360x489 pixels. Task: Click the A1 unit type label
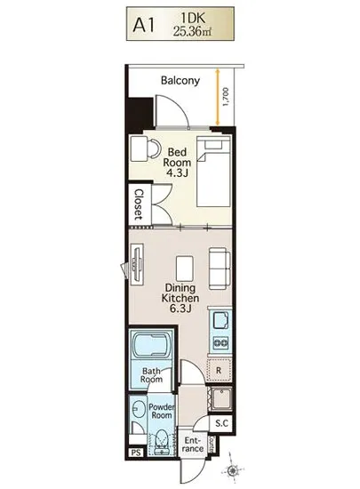point(144,26)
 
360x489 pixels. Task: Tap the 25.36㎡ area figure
point(192,31)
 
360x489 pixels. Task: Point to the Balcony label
point(180,80)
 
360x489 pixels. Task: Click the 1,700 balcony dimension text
point(226,97)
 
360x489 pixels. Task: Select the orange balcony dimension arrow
point(217,97)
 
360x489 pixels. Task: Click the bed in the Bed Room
point(213,172)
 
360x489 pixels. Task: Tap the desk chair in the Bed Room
point(155,148)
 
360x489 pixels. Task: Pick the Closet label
point(139,204)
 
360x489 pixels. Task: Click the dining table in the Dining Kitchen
point(185,269)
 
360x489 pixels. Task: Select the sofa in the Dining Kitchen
point(220,269)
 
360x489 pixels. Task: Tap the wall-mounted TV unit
point(137,264)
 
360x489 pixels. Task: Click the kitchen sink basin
point(221,320)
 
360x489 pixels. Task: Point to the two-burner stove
point(220,342)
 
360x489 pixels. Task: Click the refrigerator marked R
point(219,370)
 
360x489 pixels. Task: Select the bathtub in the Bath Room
point(151,344)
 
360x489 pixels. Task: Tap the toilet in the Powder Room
point(161,440)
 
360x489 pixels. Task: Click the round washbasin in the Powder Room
point(138,408)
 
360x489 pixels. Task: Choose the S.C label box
point(222,423)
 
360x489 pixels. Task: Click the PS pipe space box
point(136,453)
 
